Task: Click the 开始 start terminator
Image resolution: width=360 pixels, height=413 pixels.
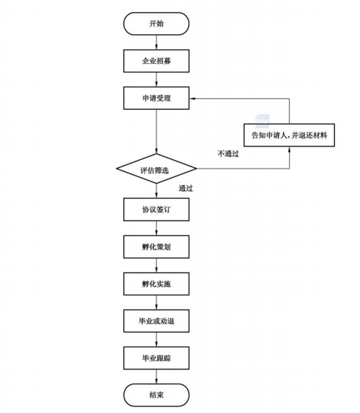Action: click(x=156, y=24)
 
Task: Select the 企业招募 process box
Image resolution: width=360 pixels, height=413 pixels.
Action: click(x=156, y=61)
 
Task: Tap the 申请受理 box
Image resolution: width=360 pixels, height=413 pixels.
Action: click(x=156, y=98)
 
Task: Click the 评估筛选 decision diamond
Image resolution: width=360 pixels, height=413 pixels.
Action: click(x=156, y=168)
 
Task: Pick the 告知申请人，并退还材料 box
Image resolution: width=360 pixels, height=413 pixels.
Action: click(x=289, y=135)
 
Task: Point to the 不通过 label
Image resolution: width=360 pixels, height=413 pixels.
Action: click(x=228, y=153)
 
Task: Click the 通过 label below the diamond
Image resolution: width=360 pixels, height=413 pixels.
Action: click(x=186, y=188)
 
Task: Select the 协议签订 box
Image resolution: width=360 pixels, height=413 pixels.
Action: click(x=156, y=209)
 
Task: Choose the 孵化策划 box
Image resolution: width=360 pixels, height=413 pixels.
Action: click(x=156, y=247)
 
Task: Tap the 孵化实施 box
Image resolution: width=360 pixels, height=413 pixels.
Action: click(x=156, y=284)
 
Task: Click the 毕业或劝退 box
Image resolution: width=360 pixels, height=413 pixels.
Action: click(x=156, y=321)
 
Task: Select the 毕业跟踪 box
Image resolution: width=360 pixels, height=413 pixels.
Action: click(x=156, y=358)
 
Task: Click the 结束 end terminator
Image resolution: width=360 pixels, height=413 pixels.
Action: click(x=156, y=395)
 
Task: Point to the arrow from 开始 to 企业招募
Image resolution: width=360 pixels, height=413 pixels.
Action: click(x=156, y=42)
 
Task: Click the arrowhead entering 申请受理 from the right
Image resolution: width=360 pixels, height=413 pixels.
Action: click(x=192, y=98)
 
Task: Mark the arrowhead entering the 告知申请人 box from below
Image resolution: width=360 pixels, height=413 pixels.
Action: click(x=290, y=150)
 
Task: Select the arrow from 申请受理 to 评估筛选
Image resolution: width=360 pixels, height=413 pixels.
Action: click(x=156, y=131)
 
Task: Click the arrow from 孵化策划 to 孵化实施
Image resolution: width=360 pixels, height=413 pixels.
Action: click(x=156, y=265)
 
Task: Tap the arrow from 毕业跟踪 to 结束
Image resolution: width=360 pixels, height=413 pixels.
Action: click(x=156, y=376)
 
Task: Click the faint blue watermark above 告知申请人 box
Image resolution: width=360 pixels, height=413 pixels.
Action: click(x=262, y=121)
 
